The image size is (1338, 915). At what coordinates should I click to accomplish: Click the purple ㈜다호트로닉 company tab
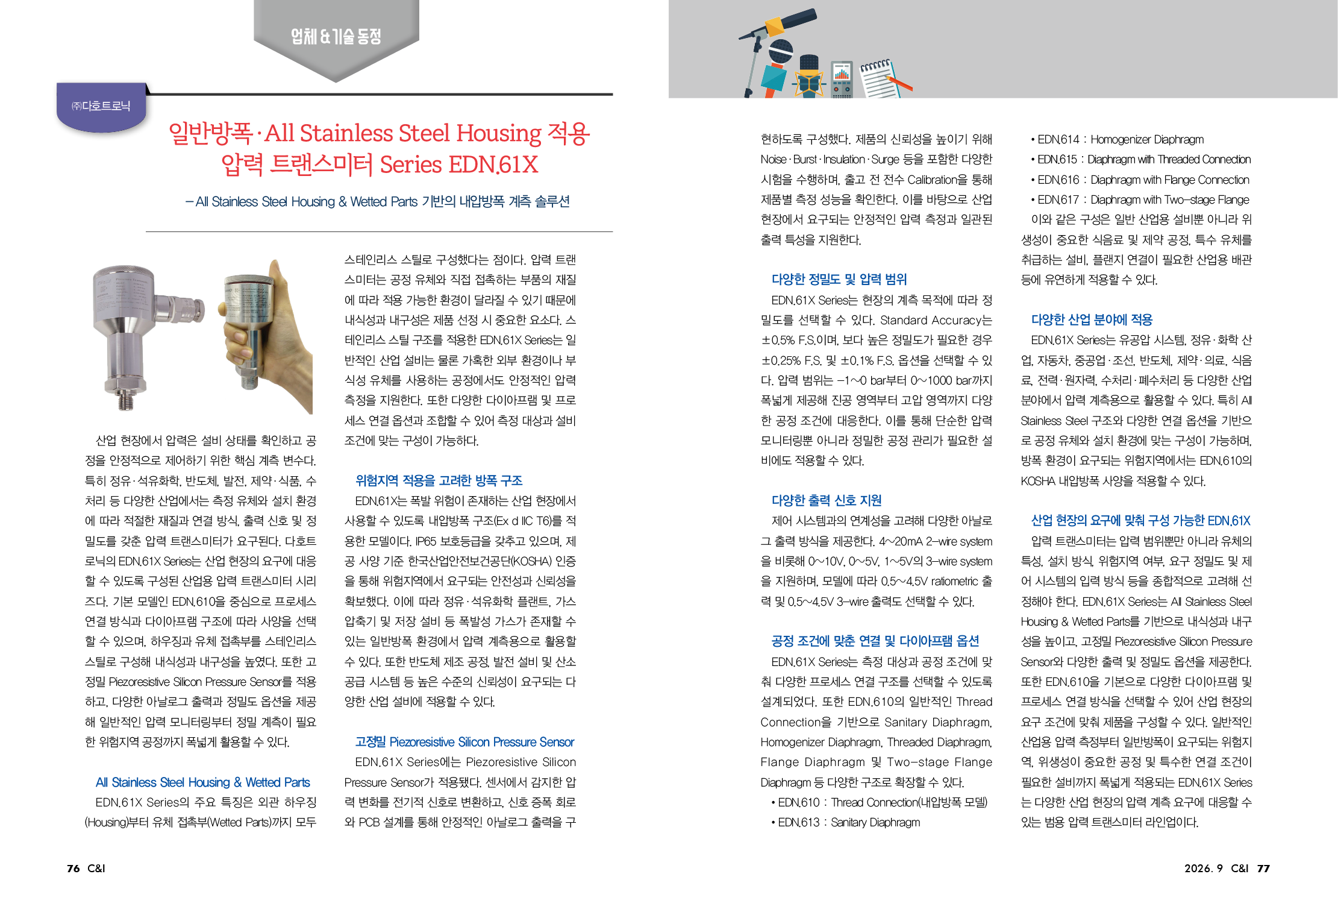(x=101, y=106)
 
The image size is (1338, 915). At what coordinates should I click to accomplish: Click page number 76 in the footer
(x=73, y=868)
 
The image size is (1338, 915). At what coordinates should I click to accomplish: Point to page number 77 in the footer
(x=1263, y=868)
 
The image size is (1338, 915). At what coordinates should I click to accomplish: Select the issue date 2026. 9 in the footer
(x=1203, y=868)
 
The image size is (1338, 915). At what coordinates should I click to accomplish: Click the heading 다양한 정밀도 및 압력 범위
(x=839, y=279)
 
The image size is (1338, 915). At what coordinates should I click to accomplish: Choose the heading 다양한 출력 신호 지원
(x=827, y=500)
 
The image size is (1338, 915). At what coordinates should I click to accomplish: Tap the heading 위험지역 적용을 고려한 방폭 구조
(x=439, y=480)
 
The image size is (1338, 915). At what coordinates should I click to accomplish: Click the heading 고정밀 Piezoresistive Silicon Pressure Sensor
(x=464, y=742)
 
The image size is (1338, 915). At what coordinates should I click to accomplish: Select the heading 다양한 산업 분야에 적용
(x=1092, y=319)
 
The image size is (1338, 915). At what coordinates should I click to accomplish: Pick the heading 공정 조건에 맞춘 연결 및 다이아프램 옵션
(x=875, y=641)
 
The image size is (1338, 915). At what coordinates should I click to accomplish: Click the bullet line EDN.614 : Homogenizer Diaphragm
(x=1118, y=139)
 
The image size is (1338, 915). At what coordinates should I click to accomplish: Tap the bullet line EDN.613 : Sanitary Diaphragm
(x=846, y=822)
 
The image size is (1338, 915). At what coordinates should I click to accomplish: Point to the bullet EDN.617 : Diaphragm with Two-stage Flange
(x=1140, y=200)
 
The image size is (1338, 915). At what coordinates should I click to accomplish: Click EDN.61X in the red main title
(x=493, y=165)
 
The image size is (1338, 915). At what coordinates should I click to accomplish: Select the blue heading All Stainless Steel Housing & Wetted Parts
(x=202, y=782)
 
